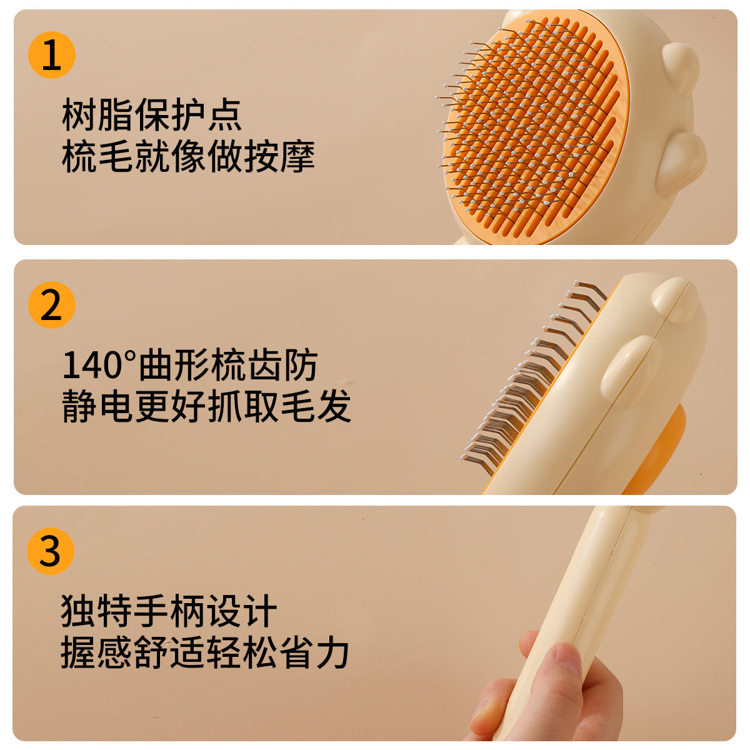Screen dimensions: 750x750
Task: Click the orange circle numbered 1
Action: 52,54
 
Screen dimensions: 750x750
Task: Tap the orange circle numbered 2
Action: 52,305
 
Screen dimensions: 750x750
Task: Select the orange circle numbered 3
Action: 51,551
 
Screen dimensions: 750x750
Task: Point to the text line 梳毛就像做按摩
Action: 188,156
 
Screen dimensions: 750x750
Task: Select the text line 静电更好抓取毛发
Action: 206,406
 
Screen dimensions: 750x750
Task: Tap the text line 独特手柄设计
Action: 169,611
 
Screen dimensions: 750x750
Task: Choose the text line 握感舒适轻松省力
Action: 205,652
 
